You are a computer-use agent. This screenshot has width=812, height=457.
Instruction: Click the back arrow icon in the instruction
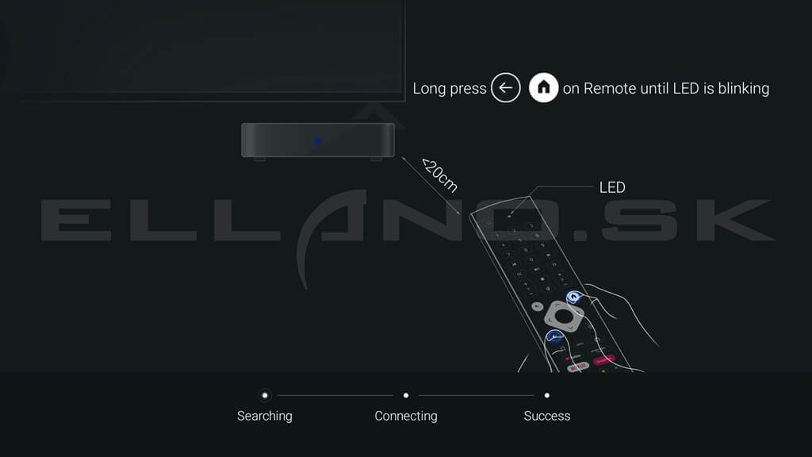pos(505,87)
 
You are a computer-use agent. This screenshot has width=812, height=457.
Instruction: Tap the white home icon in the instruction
pos(543,87)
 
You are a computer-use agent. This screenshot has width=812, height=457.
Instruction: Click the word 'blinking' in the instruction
pos(743,89)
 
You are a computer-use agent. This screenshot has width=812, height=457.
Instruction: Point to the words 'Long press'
pos(450,89)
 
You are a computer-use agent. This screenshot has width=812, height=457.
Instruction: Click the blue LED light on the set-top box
pos(317,140)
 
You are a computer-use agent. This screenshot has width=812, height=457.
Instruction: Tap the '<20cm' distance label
pos(439,175)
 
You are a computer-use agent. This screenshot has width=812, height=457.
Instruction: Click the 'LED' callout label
pos(612,187)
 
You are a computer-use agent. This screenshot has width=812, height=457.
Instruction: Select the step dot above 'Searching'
pos(265,395)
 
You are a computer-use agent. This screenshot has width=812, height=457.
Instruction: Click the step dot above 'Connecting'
pos(406,395)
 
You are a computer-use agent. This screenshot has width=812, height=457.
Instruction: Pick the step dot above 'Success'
pos(547,395)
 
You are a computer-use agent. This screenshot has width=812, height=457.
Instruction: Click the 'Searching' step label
pos(265,416)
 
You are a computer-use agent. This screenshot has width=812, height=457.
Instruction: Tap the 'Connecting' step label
pos(406,416)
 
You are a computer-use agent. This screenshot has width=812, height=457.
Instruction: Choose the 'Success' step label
pos(547,416)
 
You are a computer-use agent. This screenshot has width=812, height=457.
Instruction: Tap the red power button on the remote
pos(488,223)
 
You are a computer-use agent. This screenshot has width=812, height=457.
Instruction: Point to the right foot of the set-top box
pos(377,159)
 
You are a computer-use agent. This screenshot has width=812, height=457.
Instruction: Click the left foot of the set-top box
pos(259,159)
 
